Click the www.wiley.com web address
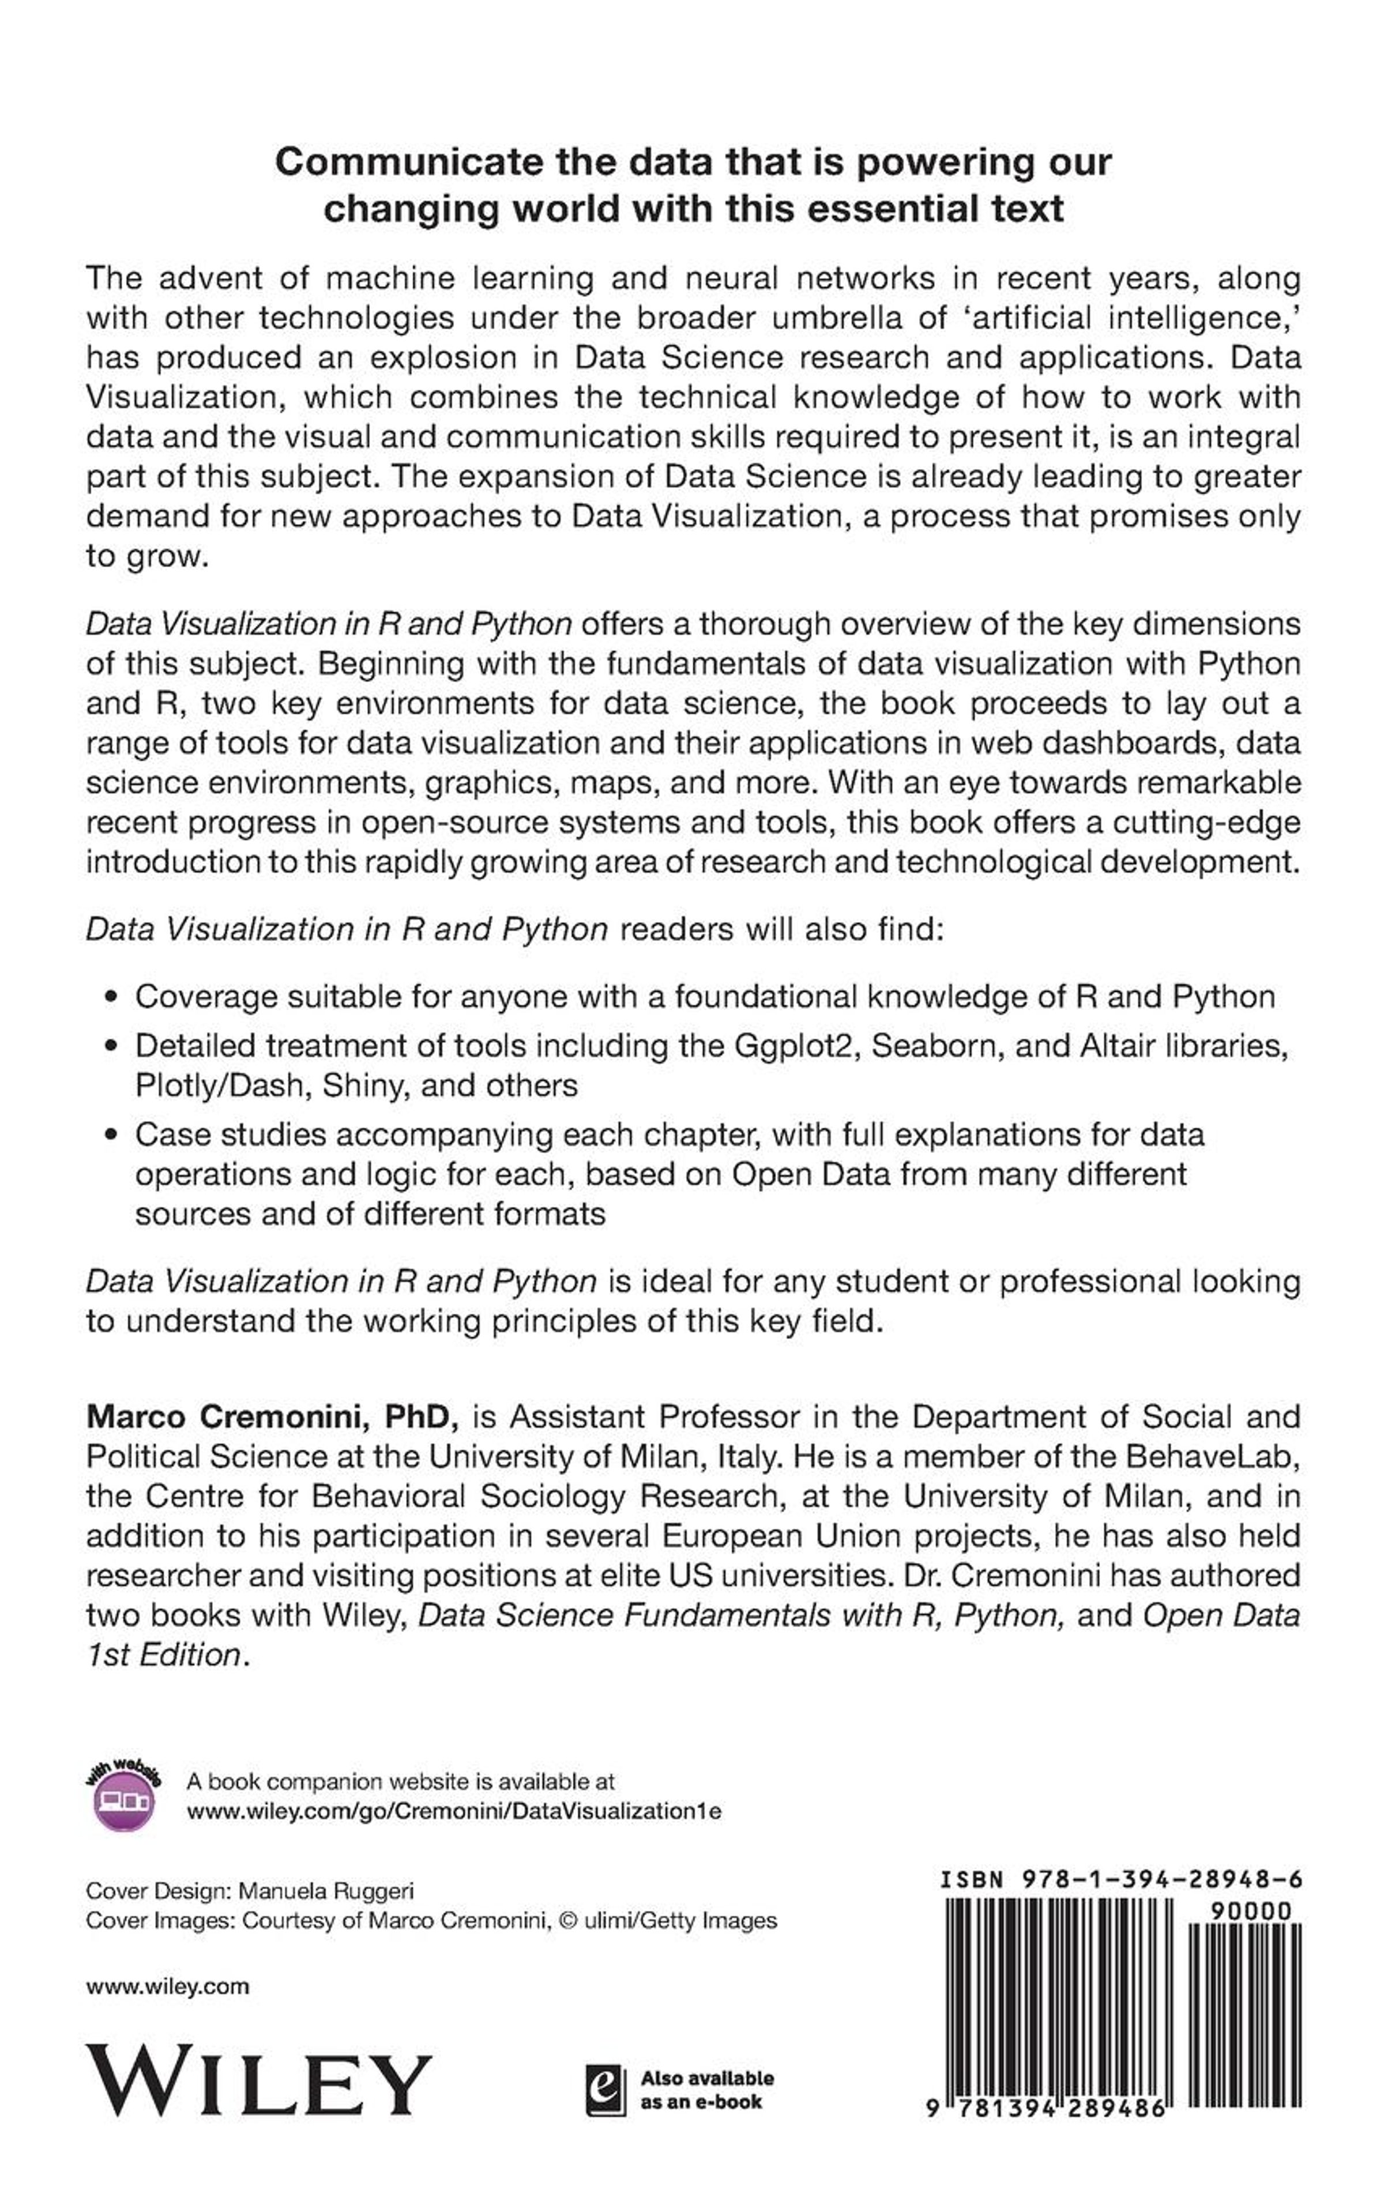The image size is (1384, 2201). (167, 1985)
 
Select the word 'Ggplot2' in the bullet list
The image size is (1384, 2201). (793, 1045)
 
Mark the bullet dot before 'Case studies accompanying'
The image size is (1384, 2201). (111, 1135)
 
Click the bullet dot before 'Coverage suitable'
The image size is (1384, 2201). (111, 996)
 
